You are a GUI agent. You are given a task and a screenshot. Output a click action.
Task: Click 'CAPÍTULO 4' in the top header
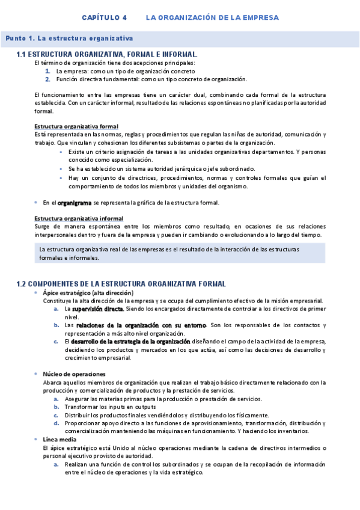coord(105,17)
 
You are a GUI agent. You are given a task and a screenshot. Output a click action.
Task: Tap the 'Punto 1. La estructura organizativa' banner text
coord(69,38)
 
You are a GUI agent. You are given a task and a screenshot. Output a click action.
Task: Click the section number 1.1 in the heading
coord(22,55)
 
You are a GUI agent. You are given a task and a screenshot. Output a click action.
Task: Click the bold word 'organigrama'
coord(75,203)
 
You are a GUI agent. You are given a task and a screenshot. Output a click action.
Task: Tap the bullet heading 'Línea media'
coord(58,440)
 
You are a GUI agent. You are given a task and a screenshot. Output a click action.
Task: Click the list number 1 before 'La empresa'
coord(47,70)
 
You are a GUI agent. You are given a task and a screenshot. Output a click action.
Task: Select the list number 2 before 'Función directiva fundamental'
coord(47,79)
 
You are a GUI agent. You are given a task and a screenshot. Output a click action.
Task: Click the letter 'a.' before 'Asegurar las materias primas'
coord(56,399)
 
